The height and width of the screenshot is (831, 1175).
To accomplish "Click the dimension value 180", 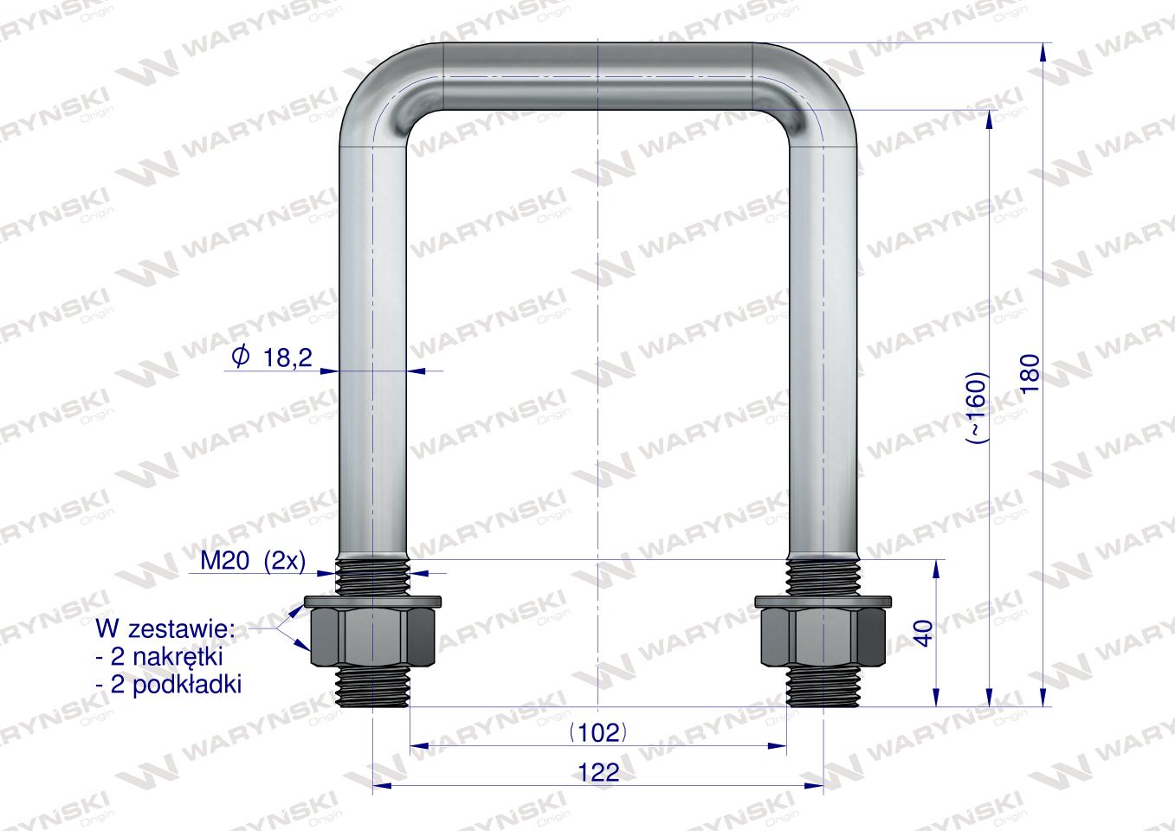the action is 1031,373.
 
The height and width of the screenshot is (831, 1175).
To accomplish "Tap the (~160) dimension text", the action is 978,408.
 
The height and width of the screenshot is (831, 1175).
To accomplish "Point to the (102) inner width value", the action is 598,732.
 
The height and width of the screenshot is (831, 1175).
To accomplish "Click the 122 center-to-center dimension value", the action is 598,772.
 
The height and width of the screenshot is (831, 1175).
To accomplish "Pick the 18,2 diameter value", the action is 287,358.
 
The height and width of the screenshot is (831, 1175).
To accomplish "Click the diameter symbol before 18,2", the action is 240,358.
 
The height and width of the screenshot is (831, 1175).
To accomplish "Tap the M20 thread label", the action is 225,562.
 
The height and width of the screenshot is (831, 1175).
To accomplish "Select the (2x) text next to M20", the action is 285,562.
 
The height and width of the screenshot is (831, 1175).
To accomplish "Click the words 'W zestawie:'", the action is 165,629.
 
